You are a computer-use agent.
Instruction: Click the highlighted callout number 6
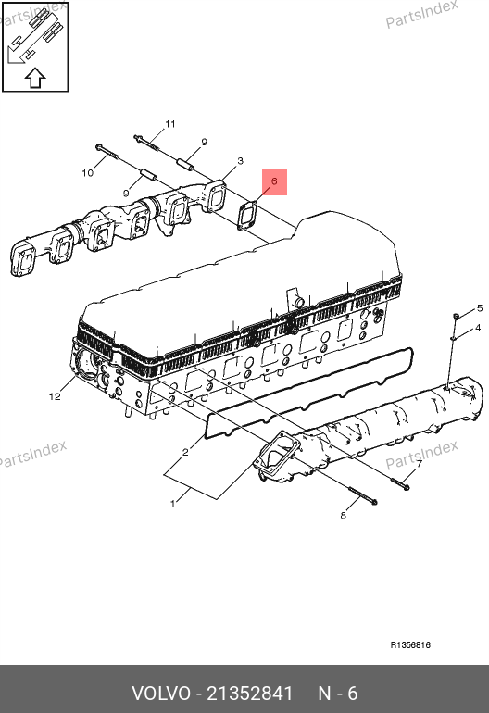(x=274, y=181)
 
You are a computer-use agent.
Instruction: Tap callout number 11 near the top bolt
(x=170, y=124)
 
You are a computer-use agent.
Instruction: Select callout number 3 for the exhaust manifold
(x=240, y=160)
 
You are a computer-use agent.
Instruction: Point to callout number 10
(x=87, y=173)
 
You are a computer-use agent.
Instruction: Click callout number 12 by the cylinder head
(x=55, y=396)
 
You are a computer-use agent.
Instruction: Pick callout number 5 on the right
(x=480, y=308)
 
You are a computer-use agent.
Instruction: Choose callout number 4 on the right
(x=478, y=328)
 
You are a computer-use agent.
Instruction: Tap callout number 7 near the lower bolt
(x=419, y=464)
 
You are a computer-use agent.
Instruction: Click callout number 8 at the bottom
(x=343, y=515)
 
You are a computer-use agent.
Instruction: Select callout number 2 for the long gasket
(x=185, y=452)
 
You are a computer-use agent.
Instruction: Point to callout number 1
(x=172, y=504)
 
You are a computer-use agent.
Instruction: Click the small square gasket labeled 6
(x=248, y=216)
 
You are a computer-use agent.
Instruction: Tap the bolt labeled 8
(x=363, y=495)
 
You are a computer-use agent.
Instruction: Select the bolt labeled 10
(x=107, y=152)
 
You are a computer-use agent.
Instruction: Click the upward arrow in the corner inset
(x=35, y=78)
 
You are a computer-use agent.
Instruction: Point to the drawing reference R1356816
(x=410, y=644)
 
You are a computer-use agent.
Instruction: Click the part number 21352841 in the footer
(x=250, y=694)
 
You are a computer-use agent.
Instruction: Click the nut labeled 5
(x=456, y=316)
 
